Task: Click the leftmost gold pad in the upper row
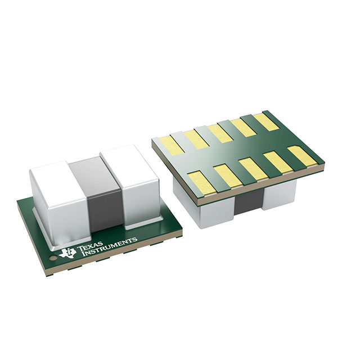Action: (170, 145)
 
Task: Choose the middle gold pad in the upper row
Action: (220, 132)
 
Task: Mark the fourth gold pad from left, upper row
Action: (243, 127)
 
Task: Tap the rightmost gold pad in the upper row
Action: (264, 121)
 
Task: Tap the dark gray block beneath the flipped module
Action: (247, 202)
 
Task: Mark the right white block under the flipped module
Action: (280, 194)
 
